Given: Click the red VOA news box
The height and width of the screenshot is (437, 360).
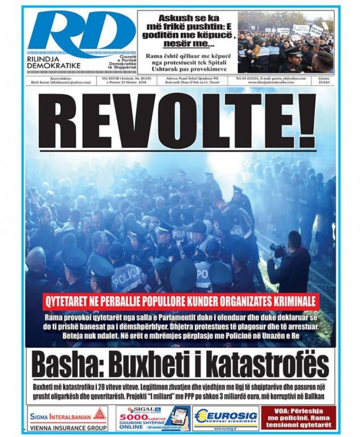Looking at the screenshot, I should [x=298, y=418].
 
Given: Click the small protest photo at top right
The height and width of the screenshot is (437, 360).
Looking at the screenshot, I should [x=286, y=42].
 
